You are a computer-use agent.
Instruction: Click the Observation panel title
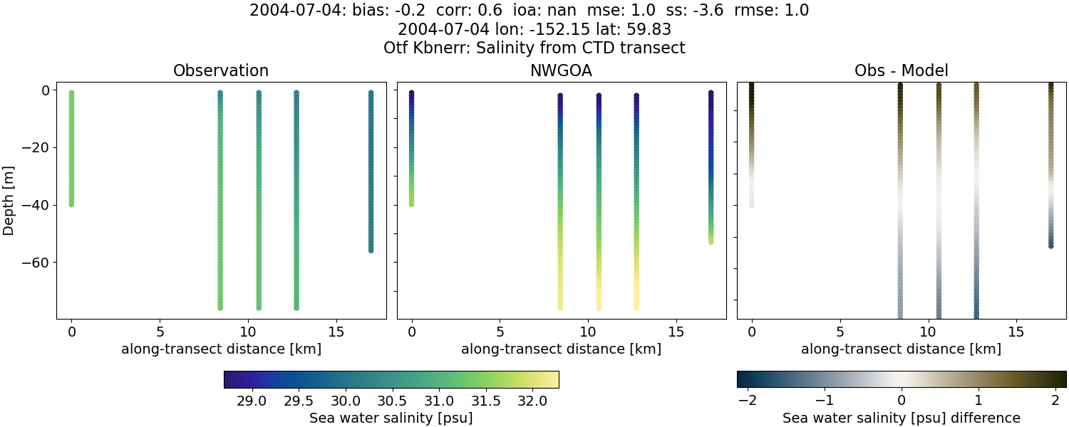tap(221, 71)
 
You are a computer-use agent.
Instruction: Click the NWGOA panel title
tap(561, 71)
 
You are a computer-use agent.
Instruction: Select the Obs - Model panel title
tap(901, 71)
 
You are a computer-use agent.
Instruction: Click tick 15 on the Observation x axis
tap(336, 332)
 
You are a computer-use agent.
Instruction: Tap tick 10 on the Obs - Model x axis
tap(928, 332)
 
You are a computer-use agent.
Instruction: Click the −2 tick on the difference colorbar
tap(748, 401)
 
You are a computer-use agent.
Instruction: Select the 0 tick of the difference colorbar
tap(902, 401)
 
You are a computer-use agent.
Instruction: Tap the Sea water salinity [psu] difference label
tap(901, 418)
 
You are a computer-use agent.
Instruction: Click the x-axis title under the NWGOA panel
tap(561, 349)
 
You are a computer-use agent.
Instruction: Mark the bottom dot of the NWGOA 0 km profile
tap(412, 204)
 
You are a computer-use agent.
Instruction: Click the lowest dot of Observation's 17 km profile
tap(371, 250)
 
